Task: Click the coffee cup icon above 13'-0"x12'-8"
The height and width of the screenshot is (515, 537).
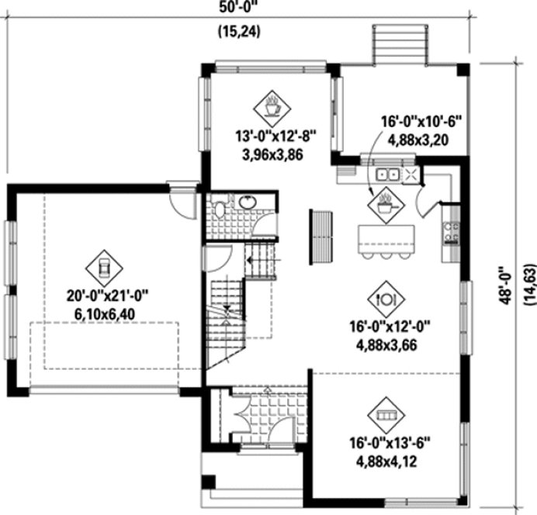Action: (x=273, y=106)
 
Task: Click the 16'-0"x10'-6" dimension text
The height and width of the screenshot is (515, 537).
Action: (x=421, y=122)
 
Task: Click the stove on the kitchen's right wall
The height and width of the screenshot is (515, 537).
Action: (x=450, y=230)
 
